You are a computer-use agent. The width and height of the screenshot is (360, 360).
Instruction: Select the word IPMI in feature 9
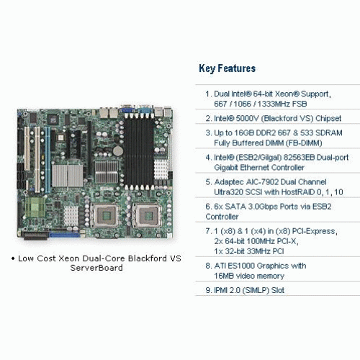[220, 290]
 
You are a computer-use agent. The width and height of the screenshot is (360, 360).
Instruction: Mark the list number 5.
[208, 182]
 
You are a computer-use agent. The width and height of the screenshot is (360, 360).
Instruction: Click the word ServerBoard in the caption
[96, 268]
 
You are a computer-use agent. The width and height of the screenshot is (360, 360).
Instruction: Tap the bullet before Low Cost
[13, 258]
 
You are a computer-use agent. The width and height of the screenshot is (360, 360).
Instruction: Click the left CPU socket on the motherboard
[104, 215]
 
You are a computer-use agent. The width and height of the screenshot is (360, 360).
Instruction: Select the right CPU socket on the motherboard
[147, 215]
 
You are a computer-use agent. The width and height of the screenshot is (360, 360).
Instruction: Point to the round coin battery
[118, 150]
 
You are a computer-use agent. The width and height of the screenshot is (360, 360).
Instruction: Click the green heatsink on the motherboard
[35, 207]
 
